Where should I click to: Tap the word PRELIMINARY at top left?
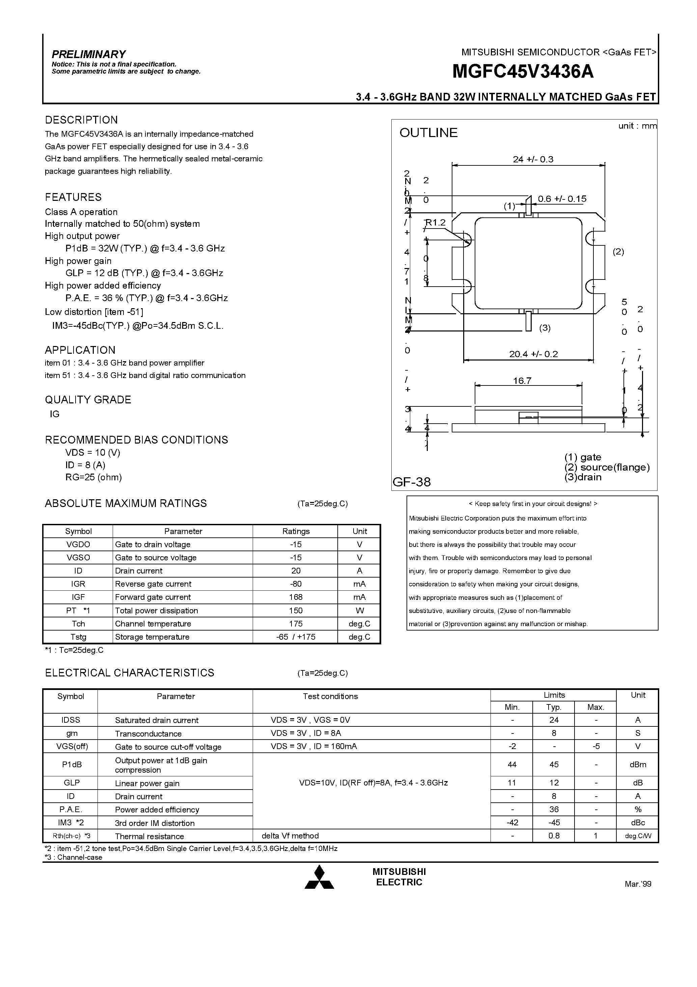click(x=88, y=54)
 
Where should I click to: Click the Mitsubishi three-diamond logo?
click(x=319, y=878)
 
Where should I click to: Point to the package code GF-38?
click(x=412, y=482)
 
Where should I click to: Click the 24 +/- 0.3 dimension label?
click(x=533, y=159)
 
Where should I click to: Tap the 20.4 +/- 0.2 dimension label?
click(x=533, y=354)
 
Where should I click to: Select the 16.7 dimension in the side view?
click(x=522, y=381)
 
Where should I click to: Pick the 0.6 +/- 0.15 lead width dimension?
click(x=562, y=199)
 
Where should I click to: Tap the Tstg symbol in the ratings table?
click(x=78, y=637)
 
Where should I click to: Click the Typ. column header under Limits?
click(x=554, y=707)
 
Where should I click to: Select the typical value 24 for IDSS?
click(x=554, y=720)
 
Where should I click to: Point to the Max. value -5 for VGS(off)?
click(x=595, y=746)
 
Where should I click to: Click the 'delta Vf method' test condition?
click(x=290, y=836)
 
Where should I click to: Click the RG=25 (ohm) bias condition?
click(x=94, y=477)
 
